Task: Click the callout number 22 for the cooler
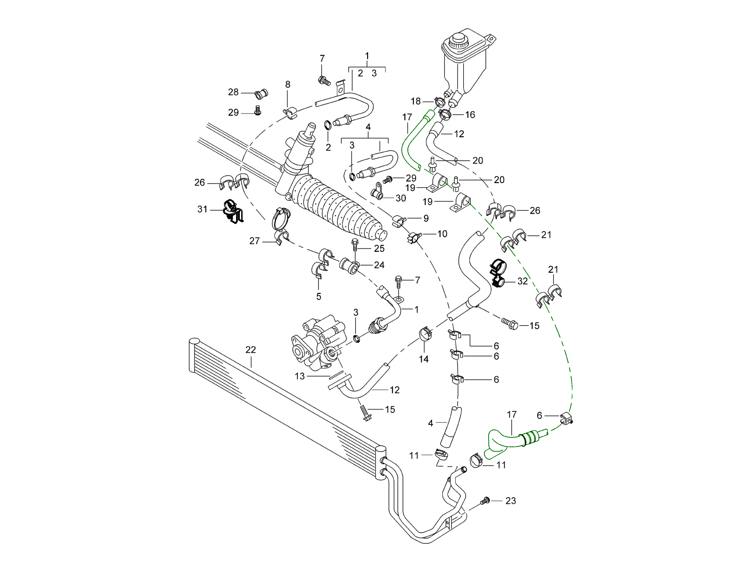coord(250,350)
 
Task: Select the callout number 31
coord(202,209)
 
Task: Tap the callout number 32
coord(522,281)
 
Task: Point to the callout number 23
coord(511,500)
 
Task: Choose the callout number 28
coord(233,92)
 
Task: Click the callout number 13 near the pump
coord(300,376)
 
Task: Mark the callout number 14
coord(424,359)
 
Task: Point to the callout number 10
coord(442,233)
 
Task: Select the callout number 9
coord(426,218)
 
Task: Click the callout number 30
coord(401,198)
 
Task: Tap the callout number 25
coord(379,248)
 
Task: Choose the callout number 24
coord(379,265)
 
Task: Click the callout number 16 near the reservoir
coord(470,115)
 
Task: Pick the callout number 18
coord(416,101)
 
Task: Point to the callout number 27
coord(254,241)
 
